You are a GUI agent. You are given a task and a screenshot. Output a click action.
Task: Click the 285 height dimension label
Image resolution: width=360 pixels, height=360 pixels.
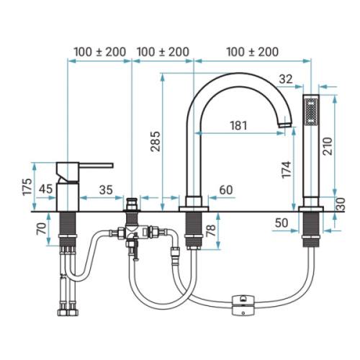click(x=156, y=141)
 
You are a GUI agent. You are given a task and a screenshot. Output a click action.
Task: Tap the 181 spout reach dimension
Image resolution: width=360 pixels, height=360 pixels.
click(x=238, y=125)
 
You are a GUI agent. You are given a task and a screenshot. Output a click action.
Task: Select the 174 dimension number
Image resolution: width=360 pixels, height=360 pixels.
click(x=287, y=170)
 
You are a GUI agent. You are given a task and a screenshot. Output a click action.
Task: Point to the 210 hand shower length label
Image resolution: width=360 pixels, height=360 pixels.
click(x=328, y=146)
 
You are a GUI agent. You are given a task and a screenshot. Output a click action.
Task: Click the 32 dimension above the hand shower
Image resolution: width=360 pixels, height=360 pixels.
click(x=286, y=79)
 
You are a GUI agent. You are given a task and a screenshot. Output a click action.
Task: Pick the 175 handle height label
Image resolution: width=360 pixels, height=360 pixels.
click(x=27, y=187)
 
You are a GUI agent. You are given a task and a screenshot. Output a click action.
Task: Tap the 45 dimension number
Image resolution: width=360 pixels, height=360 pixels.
click(x=45, y=189)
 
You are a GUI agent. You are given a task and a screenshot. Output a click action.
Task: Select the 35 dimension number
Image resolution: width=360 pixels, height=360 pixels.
click(x=106, y=190)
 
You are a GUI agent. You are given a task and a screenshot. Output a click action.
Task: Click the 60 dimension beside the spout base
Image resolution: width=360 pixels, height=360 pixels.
click(x=226, y=190)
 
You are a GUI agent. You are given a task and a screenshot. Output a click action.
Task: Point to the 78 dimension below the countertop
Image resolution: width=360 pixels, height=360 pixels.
click(x=211, y=230)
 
